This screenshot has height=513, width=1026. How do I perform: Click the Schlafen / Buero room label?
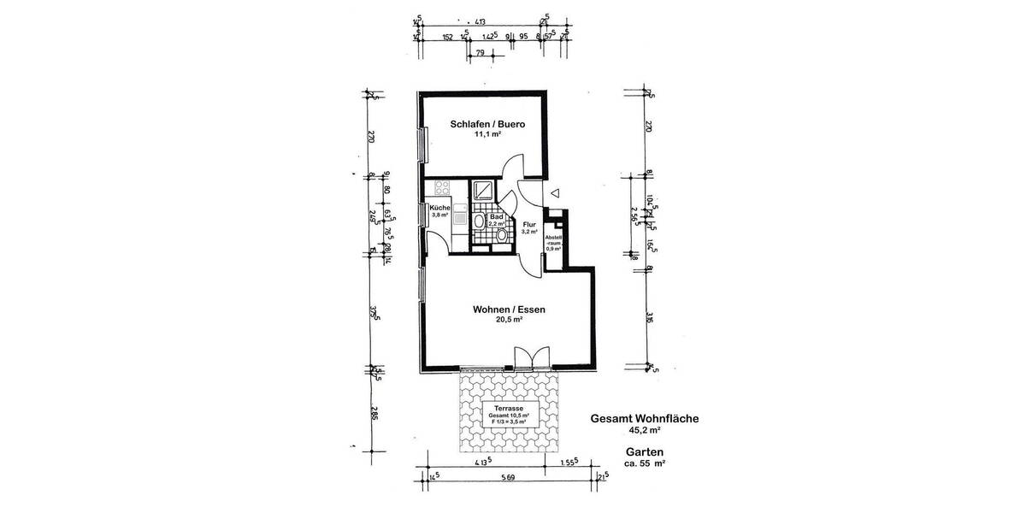pos(486,124)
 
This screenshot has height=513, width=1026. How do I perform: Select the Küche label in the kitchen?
pos(439,209)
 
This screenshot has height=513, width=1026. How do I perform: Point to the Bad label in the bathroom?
pos(496,218)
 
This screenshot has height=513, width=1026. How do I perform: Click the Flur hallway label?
pos(529,226)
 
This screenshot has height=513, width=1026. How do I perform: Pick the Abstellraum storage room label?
pos(553,242)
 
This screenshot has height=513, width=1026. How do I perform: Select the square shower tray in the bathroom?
pos(484,191)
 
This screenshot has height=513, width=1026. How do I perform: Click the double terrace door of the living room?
pos(530,357)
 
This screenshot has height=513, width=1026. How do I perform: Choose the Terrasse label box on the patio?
pos(510,415)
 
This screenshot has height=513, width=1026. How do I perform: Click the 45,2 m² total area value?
pos(646,432)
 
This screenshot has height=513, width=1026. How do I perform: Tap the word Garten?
pos(645,451)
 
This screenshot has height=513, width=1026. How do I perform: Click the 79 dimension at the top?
pos(480,54)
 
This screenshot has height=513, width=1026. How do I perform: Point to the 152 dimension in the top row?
pos(446,38)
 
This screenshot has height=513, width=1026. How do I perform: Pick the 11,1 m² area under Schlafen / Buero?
pos(486,135)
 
